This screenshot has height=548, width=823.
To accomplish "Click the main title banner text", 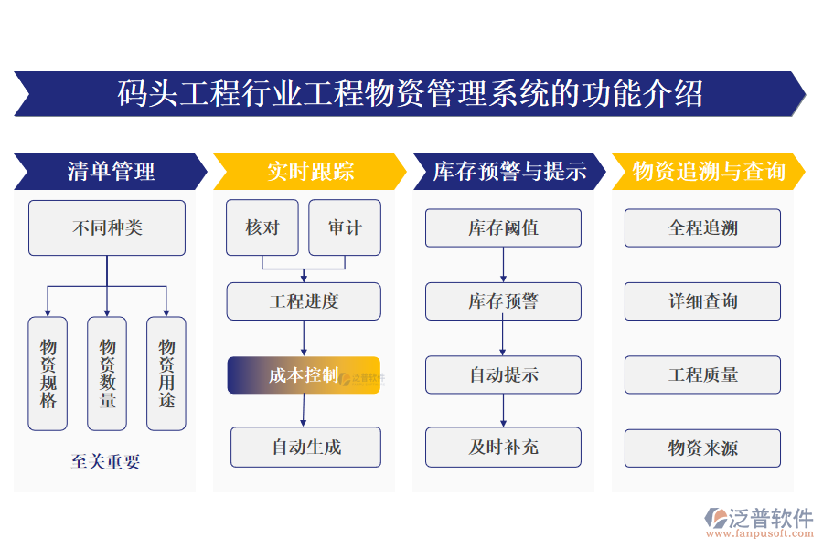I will (x=411, y=94).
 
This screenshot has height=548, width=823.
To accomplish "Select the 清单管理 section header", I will (x=111, y=172).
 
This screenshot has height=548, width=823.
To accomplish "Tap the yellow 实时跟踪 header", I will (x=310, y=172).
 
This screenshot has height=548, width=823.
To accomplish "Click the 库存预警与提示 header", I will (x=509, y=172).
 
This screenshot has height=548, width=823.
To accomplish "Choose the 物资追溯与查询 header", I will (x=709, y=172).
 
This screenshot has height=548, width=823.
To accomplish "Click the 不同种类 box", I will (x=107, y=227).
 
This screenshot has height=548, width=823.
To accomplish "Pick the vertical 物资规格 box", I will (x=48, y=374).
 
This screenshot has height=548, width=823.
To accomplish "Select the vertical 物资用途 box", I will (x=166, y=374).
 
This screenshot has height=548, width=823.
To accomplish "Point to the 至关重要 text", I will (x=106, y=461).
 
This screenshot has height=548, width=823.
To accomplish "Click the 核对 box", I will (x=262, y=227).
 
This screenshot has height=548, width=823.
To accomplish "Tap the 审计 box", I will (x=345, y=227).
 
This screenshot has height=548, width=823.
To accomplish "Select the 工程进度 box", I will (x=304, y=301).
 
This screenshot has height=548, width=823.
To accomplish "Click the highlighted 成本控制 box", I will (x=304, y=374).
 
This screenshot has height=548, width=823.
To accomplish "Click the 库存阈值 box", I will (x=503, y=227).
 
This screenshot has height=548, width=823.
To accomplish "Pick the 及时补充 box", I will (x=503, y=448).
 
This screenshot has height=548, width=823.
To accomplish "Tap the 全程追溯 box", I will (x=702, y=227).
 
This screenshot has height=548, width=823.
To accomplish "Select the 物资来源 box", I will (x=702, y=448).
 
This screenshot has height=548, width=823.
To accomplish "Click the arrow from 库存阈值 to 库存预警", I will (x=503, y=265).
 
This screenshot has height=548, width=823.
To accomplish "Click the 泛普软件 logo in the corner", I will (x=758, y=522).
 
